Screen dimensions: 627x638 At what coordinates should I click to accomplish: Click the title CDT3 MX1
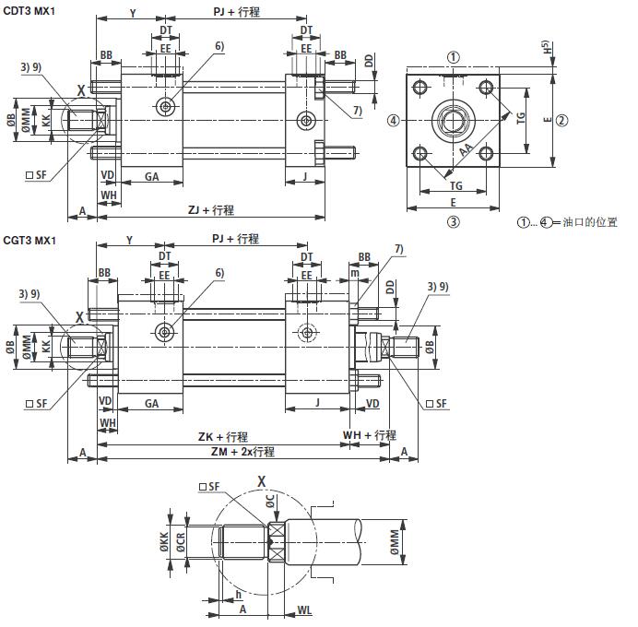pos(30,9)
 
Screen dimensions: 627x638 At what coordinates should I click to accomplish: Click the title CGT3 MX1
pos(30,241)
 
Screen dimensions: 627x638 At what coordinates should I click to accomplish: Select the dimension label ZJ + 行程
pos(211,209)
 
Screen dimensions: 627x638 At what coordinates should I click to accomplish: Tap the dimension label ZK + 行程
pos(223,436)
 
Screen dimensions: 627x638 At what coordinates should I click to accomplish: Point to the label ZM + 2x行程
pos(243,452)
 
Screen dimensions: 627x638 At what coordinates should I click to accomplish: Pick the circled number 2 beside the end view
pos(561,120)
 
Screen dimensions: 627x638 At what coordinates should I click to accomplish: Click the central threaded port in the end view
pos(454,119)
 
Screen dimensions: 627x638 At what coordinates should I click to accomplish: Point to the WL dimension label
pos(304,610)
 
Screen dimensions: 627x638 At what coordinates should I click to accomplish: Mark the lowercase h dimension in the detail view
pos(239,594)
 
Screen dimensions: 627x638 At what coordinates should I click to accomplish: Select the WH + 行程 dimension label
pos(370,435)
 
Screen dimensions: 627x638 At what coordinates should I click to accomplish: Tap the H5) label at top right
pos(547,46)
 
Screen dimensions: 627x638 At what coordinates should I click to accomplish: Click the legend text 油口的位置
pos(594,222)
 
